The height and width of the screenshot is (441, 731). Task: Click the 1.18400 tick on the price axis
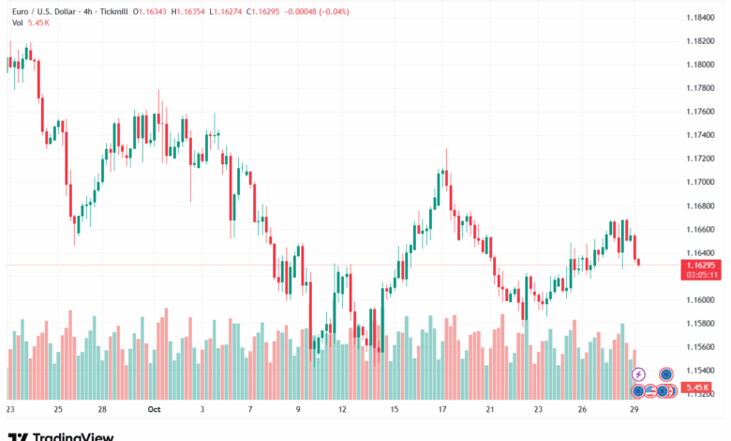(702, 18)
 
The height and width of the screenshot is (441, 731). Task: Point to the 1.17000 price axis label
(702, 182)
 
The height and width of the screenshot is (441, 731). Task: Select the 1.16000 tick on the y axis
(702, 299)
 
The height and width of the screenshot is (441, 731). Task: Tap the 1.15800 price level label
(702, 323)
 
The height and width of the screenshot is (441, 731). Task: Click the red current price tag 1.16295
(702, 266)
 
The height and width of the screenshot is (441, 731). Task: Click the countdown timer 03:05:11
(702, 275)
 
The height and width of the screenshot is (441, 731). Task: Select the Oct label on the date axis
(154, 409)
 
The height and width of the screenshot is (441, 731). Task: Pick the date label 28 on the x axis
(101, 409)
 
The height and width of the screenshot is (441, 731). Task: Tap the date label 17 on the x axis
(441, 409)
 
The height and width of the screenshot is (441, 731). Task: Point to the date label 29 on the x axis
(634, 409)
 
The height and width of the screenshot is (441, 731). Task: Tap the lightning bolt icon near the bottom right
(639, 374)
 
